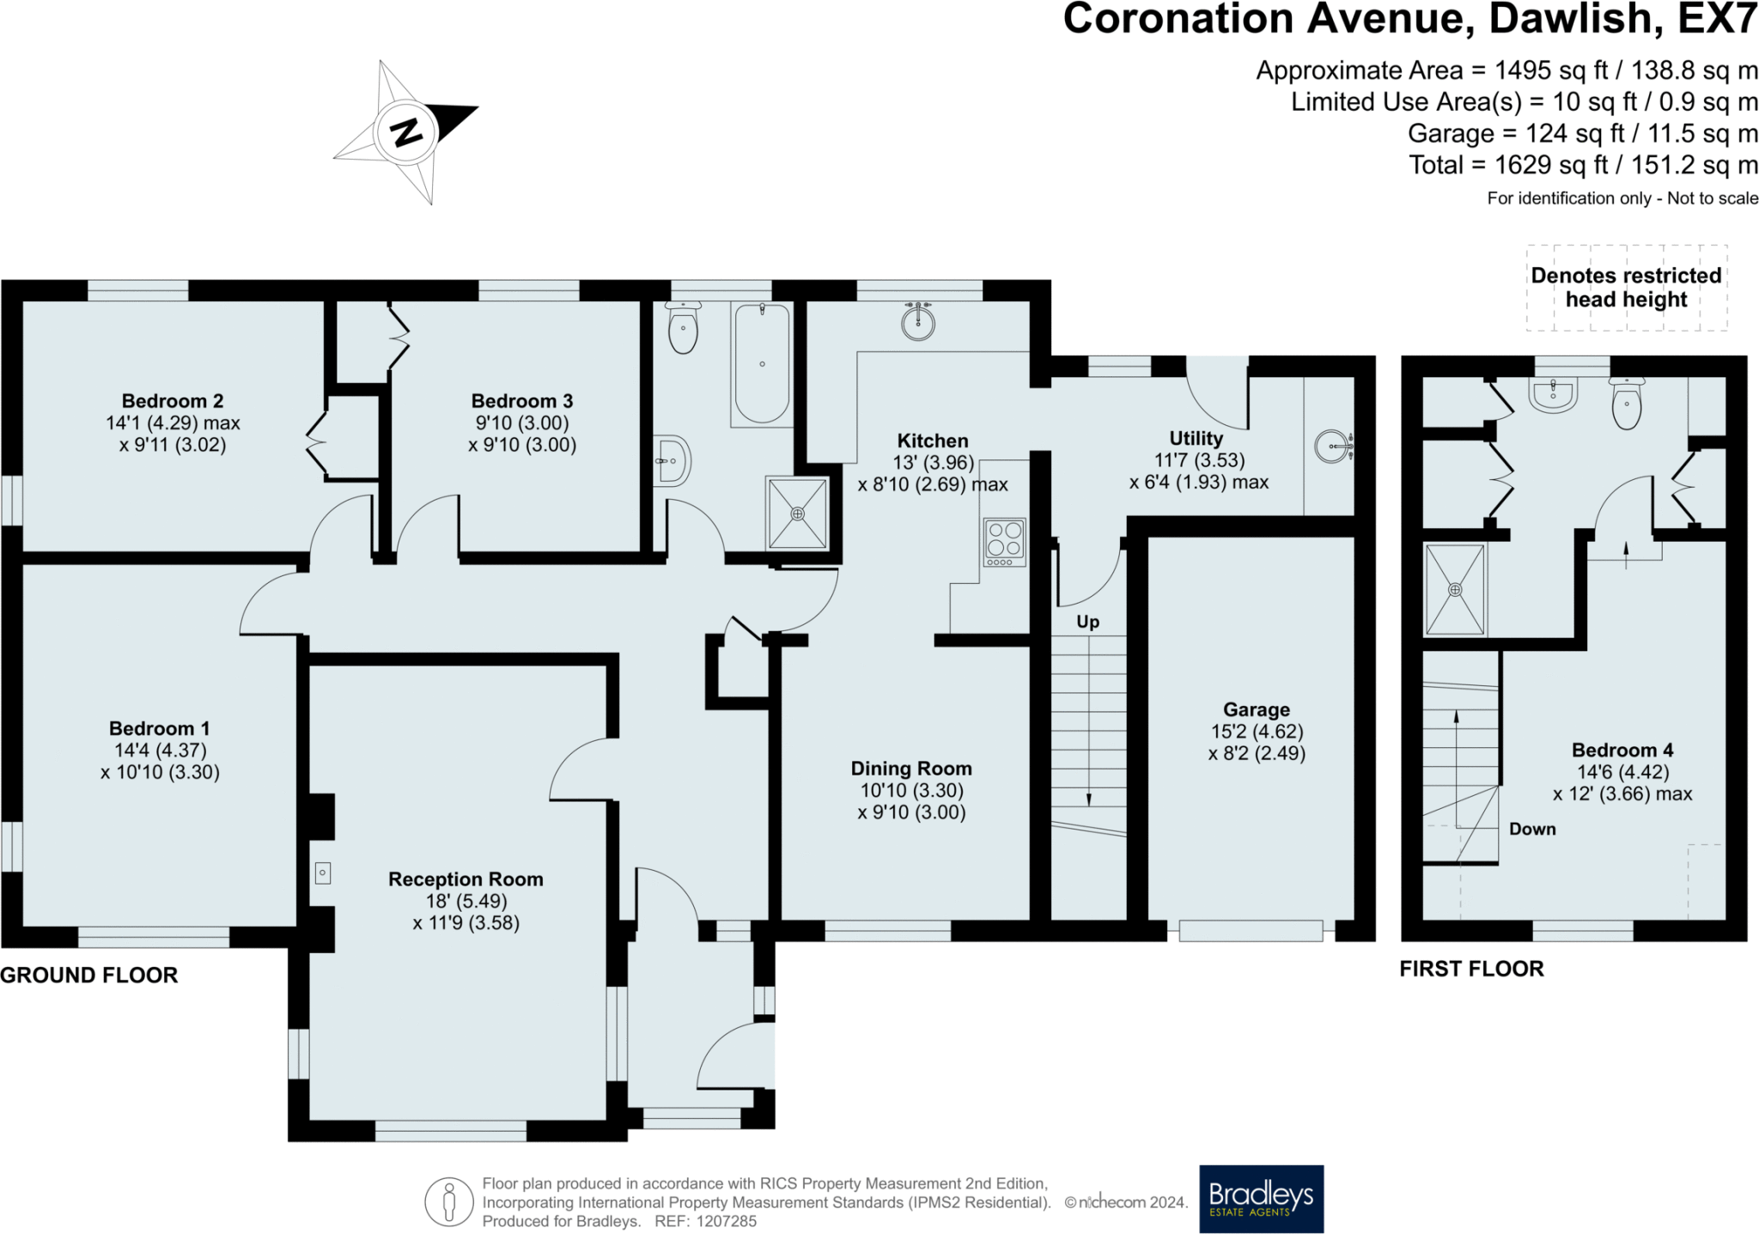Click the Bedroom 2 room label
(173, 401)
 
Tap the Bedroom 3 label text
(522, 401)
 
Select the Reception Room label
(466, 879)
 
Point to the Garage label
(1257, 709)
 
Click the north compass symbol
(405, 132)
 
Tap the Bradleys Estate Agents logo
(1261, 1199)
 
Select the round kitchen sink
(918, 322)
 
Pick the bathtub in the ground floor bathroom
(762, 363)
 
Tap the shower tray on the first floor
(1454, 589)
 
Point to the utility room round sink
(1332, 446)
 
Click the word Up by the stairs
(1087, 622)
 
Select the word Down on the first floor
(1532, 829)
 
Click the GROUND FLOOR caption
(89, 975)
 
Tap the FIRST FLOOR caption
(1471, 969)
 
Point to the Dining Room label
(911, 769)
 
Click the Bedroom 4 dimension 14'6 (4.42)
(1622, 772)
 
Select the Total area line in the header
(1583, 165)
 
